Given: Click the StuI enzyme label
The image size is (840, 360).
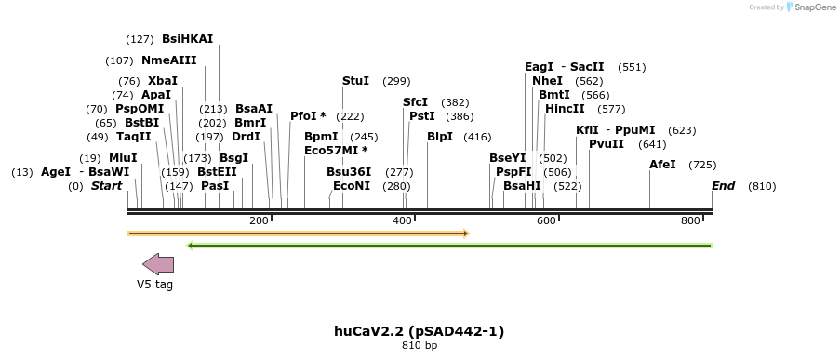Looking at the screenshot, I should coord(355,81).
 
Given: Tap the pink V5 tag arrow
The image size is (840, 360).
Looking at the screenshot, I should coord(158,264).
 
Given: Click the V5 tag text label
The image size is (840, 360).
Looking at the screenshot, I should coord(154,285).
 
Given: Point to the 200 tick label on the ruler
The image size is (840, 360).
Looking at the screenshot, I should coord(259,220).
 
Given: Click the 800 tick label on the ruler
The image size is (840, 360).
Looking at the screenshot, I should coord(690,220).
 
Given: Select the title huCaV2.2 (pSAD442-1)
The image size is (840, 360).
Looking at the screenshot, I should coord(419,331).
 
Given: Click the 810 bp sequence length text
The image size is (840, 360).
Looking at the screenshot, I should coord(420,346).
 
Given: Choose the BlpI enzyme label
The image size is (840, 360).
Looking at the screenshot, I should coord(440,137).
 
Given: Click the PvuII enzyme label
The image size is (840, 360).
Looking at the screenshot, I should coord(607,144).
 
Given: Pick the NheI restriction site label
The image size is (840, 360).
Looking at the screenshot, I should coord(547,81).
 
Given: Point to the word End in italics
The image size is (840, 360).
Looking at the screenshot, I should coord(723,186).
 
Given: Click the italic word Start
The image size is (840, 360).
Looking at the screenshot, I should coord(106,186).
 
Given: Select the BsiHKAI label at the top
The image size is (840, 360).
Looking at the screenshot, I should coord(187,39).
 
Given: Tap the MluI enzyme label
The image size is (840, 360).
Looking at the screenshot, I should coord(123,158).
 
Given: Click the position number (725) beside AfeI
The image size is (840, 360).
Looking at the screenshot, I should coord(702,165).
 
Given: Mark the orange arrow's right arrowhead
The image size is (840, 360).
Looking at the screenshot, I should coord(464,233).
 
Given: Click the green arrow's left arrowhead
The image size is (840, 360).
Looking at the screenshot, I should coord(191,246).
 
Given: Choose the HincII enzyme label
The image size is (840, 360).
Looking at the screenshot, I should coord(565,109).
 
